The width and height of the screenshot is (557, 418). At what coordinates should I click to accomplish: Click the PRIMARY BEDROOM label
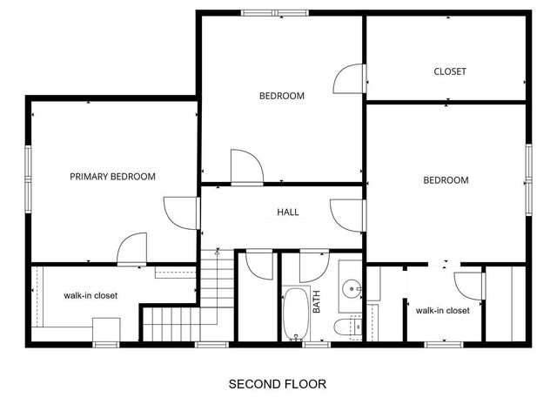point(112,177)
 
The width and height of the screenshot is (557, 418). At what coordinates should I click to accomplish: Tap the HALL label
point(288,212)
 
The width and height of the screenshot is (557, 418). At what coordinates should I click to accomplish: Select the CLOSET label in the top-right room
point(450,71)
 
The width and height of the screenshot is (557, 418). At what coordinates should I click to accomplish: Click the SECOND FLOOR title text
point(278,383)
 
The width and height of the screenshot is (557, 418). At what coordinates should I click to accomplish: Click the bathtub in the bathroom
point(295,313)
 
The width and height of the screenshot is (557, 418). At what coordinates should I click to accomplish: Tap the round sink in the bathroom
point(351,287)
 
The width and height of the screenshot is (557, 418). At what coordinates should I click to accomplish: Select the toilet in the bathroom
point(346,327)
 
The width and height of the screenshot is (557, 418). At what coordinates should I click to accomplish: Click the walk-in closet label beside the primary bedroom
point(91,295)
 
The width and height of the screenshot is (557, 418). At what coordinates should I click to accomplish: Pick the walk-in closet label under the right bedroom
point(442,310)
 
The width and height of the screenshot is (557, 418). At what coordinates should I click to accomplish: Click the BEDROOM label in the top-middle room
point(282,96)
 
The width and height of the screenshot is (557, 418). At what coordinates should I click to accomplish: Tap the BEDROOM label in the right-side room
point(446,180)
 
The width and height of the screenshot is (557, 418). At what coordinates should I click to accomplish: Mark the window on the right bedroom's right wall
point(528,176)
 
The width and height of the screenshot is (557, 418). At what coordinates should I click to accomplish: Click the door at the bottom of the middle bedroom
point(245,166)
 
